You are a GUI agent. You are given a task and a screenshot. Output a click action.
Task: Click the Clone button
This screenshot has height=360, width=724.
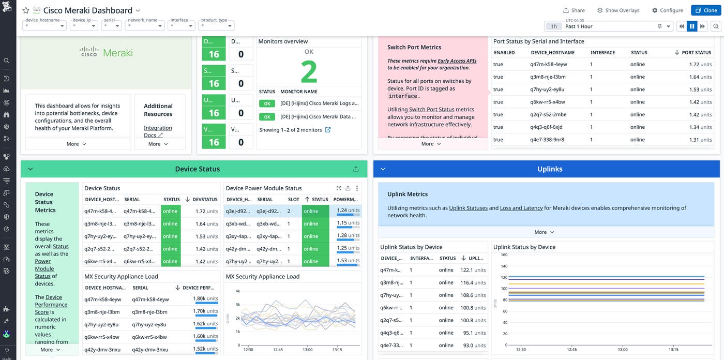point(705,10)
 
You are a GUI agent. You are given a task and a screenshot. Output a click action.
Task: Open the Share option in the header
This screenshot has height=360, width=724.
point(574,10)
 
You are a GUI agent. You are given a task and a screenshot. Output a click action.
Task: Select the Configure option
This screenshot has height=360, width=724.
point(668,10)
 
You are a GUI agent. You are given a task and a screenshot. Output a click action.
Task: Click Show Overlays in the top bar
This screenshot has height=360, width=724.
point(618,10)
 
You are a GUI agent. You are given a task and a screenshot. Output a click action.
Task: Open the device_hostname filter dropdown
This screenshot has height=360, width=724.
point(45,25)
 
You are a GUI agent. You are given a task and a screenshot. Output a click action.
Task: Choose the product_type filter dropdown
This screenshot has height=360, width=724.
point(216,25)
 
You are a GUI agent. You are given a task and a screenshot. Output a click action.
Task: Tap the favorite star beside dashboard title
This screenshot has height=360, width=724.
point(26,10)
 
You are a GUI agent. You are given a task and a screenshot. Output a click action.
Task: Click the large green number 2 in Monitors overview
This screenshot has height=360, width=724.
point(309,72)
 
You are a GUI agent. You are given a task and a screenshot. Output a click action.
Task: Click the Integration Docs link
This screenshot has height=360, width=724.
point(158,131)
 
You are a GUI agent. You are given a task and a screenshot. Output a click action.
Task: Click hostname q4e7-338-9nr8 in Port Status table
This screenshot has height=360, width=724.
point(547,140)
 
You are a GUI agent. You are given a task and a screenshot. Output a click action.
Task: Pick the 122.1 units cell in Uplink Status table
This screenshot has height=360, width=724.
point(473,270)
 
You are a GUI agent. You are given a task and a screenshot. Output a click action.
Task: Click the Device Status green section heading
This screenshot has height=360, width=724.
point(197,169)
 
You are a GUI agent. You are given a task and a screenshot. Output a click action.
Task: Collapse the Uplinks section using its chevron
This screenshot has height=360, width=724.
point(383,169)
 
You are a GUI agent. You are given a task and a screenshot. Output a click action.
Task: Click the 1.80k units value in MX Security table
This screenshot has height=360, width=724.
point(205,299)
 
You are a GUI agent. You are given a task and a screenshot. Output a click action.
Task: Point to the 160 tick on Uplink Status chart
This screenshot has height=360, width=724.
point(504,254)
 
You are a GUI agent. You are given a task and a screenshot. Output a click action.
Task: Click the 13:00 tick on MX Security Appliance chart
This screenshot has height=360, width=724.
point(307,350)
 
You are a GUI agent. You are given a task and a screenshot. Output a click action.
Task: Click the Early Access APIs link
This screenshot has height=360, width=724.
point(457,61)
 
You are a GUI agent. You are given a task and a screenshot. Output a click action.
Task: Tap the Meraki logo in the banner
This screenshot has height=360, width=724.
point(106,52)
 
